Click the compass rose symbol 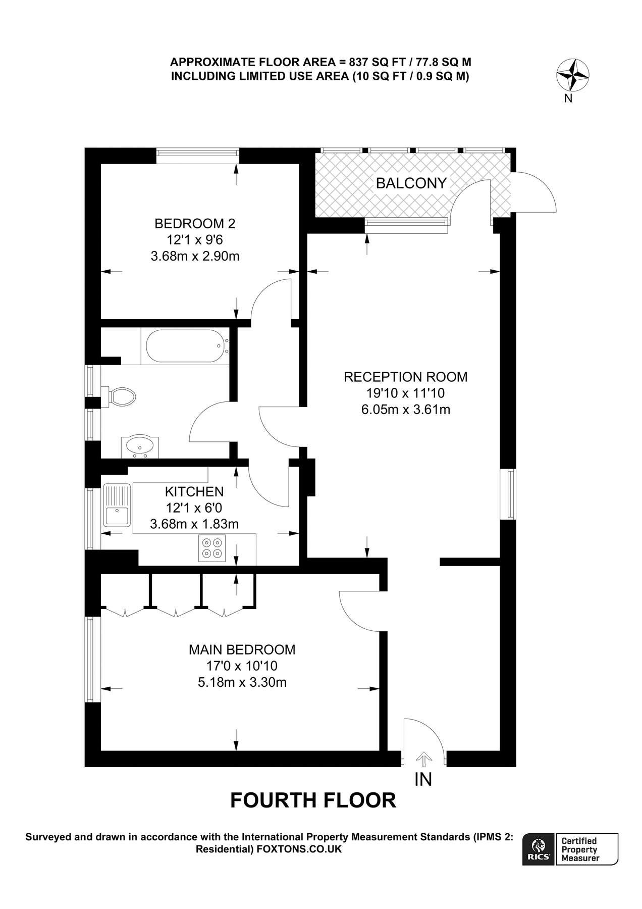click(572, 76)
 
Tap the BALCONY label click(411, 183)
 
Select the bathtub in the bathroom click(185, 346)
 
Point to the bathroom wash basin click(140, 446)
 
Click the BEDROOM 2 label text click(195, 223)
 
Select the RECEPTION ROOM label click(405, 377)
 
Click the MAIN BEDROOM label click(242, 649)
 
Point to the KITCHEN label click(194, 491)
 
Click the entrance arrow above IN click(423, 759)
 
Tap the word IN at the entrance click(423, 780)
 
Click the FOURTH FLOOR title click(313, 801)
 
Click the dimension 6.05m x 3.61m click(405, 410)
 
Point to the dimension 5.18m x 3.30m click(242, 683)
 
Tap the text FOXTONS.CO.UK click(299, 849)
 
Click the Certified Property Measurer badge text click(579, 849)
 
